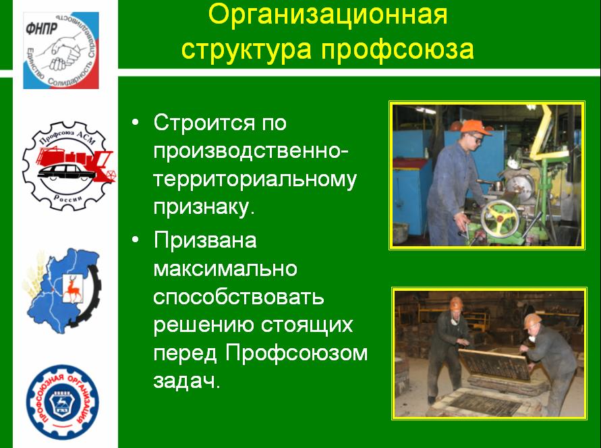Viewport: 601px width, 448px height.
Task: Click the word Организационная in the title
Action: coord(328,16)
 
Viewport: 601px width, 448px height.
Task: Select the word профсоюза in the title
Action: coord(397,49)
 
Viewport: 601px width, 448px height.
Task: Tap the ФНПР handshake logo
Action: coord(61,50)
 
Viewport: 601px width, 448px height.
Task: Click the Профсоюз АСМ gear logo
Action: coord(69,166)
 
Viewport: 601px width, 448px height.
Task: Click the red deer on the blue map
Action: coord(71,287)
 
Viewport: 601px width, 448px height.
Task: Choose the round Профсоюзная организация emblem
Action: coord(63,402)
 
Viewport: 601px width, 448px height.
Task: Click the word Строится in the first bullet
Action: coord(204,123)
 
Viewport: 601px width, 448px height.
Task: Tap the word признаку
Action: coord(204,208)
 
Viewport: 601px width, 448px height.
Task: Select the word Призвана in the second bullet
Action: coord(205,240)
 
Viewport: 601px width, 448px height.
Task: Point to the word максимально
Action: coord(225,269)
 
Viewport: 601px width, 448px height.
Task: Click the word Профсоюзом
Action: coord(296,353)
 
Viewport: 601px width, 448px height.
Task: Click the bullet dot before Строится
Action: coord(136,123)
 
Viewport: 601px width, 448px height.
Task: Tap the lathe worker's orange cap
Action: coord(474,128)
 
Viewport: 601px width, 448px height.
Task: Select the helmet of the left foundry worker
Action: coord(456,303)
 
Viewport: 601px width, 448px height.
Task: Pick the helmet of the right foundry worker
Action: coord(532,320)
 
